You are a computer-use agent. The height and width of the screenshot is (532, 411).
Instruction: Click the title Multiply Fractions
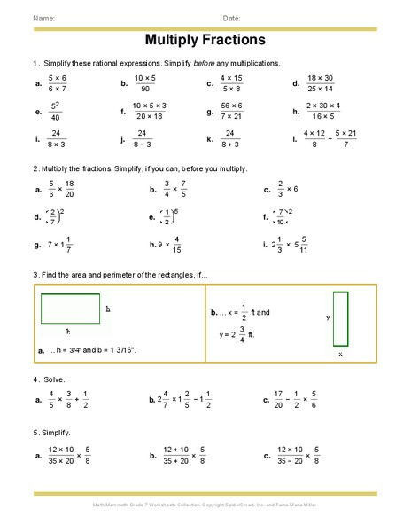coord(205,41)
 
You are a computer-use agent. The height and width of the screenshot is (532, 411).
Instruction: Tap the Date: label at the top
coord(232,19)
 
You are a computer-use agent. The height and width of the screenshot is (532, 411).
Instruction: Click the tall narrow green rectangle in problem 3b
coord(340,318)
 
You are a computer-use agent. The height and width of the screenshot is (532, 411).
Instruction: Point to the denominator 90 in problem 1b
coord(144,89)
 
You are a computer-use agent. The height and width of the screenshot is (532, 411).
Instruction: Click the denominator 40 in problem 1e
coord(56,117)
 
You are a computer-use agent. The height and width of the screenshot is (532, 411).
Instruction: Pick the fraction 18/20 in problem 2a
coord(69,189)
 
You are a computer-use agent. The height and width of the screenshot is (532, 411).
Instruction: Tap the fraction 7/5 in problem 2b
coord(184,189)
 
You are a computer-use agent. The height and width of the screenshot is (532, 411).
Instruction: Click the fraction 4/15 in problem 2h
coord(177,244)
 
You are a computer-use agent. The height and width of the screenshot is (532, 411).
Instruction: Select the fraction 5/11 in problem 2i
coord(304,244)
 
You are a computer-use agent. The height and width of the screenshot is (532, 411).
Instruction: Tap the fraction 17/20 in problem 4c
coord(278,400)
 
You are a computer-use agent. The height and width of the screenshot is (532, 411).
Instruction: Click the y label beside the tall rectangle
coord(328,317)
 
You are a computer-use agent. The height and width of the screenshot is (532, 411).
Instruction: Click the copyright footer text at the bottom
coord(205,505)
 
